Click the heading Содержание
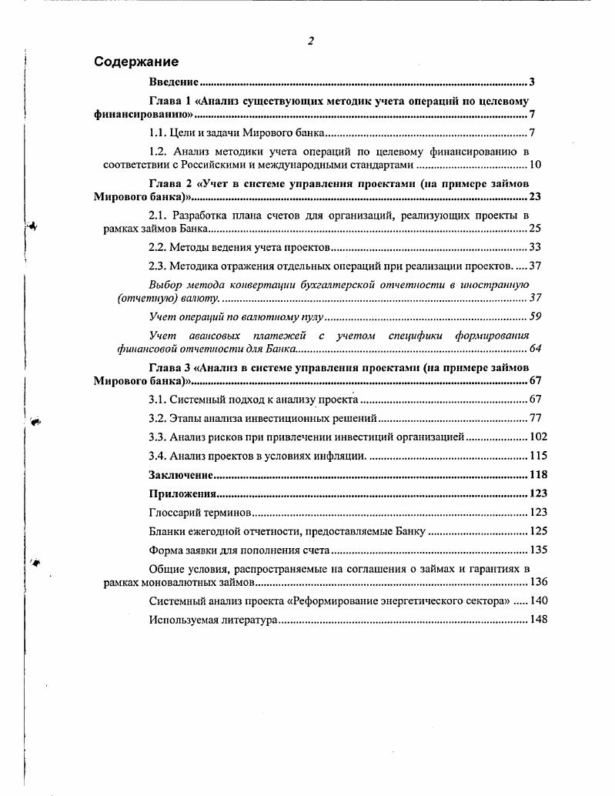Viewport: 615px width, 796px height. (x=136, y=62)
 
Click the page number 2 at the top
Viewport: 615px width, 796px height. (x=310, y=41)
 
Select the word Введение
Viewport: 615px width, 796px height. (x=174, y=82)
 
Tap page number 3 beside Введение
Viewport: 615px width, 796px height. (x=532, y=82)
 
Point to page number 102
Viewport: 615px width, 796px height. (x=538, y=436)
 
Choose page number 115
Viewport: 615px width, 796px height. (x=538, y=455)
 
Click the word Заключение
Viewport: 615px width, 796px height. (x=180, y=475)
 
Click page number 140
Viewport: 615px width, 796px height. (x=538, y=600)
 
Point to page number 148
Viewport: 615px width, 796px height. (x=538, y=619)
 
